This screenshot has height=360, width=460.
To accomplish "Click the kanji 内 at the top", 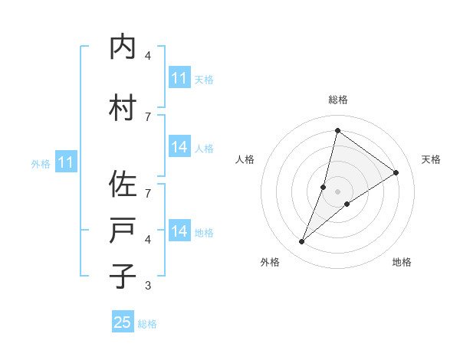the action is (x=123, y=47).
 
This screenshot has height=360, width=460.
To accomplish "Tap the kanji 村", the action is (x=123, y=108).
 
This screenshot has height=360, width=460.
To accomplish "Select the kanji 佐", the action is (x=123, y=185).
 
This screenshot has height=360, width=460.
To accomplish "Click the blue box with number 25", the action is (x=123, y=322).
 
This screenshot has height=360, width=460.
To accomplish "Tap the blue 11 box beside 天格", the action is (x=179, y=79).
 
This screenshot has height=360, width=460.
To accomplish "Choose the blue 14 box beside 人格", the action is (x=179, y=147).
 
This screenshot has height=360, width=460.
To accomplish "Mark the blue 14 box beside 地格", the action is (x=179, y=231).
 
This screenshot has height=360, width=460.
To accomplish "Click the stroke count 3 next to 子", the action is (x=148, y=286).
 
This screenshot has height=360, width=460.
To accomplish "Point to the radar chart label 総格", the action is (x=338, y=100).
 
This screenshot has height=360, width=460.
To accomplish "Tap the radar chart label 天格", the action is (x=431, y=159).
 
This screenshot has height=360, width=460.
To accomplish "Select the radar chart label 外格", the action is (x=270, y=262).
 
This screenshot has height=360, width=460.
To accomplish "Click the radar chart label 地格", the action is (x=402, y=262).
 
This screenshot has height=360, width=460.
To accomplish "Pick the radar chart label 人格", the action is (x=245, y=159).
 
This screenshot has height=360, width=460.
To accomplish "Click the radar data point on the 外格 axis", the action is (x=302, y=242).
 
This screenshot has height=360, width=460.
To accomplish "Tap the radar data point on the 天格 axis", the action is (x=396, y=173).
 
